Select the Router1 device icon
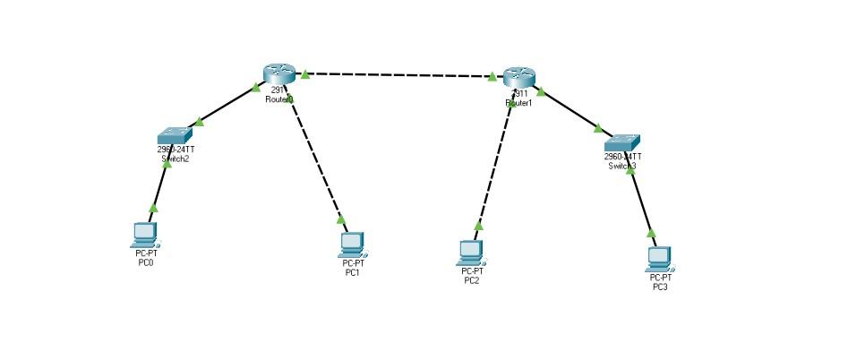pyautogui.click(x=518, y=77)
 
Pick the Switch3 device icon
pyautogui.click(x=621, y=141)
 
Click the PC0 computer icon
pyautogui.click(x=144, y=235)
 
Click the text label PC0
pyautogui.click(x=146, y=262)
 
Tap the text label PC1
pyautogui.click(x=353, y=272)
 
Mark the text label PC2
pyautogui.click(x=472, y=281)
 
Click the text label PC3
pyautogui.click(x=660, y=287)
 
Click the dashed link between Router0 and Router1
pyautogui.click(x=398, y=75)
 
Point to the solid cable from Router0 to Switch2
pyautogui.click(x=228, y=104)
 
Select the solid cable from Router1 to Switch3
pyautogui.click(x=570, y=108)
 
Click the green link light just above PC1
pyautogui.click(x=341, y=219)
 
